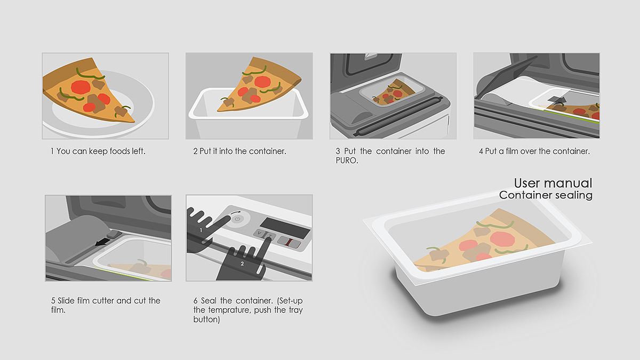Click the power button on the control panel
tap(238, 219)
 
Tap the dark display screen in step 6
tap(285, 228)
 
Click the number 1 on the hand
tap(201, 230)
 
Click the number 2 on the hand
tap(242, 263)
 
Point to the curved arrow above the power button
tap(235, 213)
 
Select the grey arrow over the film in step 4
tap(557, 100)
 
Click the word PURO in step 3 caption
tap(346, 161)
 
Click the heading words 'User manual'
tap(553, 183)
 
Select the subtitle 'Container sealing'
tap(546, 195)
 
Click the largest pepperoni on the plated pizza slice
tap(81, 87)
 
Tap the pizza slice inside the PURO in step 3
tap(394, 91)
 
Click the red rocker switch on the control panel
tap(289, 242)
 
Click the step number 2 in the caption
tap(195, 151)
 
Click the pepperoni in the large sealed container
tap(502, 239)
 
